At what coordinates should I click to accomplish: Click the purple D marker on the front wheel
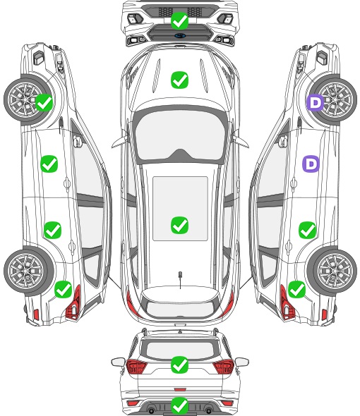[x=315, y=102]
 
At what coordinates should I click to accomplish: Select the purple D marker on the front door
[x=311, y=164]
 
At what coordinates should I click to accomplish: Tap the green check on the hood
[x=179, y=80]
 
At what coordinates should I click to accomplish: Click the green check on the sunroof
[x=179, y=225]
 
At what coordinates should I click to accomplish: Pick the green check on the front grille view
[x=179, y=20]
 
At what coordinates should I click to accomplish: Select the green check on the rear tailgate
[x=179, y=365]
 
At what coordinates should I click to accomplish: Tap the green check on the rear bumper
[x=179, y=405]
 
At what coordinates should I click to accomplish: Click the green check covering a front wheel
[x=44, y=102]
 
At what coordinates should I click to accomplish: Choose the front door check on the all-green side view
[x=49, y=164]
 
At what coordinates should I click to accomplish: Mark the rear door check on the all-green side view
[x=53, y=230]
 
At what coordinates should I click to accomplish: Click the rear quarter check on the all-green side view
[x=64, y=289]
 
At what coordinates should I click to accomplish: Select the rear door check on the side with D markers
[x=307, y=230]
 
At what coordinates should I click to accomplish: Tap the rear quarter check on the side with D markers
[x=296, y=289]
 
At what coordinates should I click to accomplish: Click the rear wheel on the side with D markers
[x=332, y=271]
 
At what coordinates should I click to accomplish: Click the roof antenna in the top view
[x=180, y=279]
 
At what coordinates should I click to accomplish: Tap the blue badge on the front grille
[x=180, y=35]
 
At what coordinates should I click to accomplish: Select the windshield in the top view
[x=179, y=135]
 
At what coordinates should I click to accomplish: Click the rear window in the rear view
[x=180, y=350]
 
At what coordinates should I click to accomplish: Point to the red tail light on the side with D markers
[x=287, y=303]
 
